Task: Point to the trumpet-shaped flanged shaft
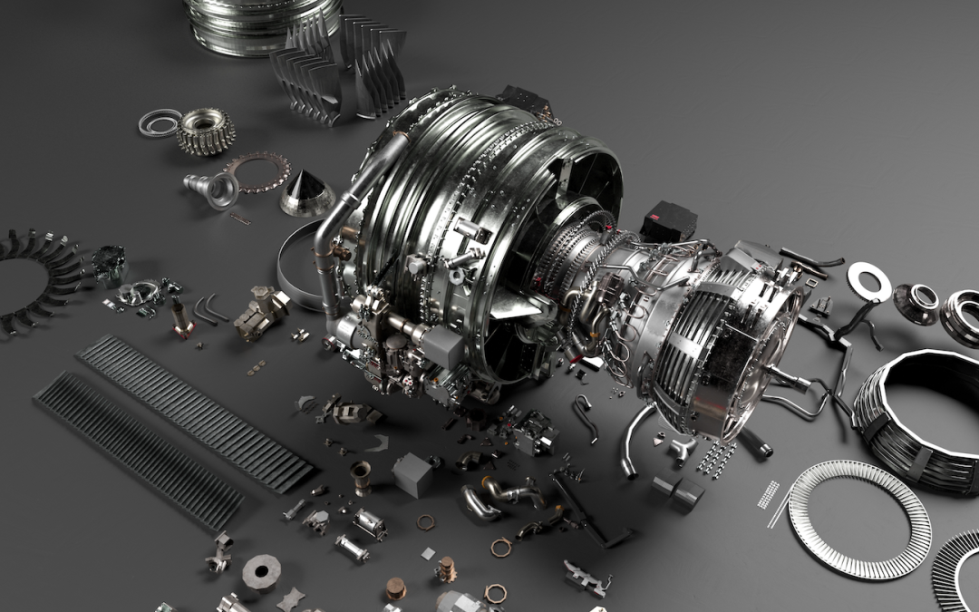click(212, 189)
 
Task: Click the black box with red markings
click(668, 220)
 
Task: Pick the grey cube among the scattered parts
click(412, 473)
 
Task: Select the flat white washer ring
click(868, 281)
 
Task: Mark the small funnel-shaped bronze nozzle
click(360, 473)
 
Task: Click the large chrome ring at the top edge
click(263, 23)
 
